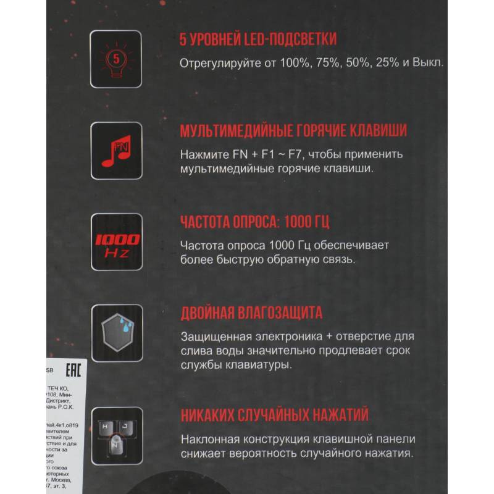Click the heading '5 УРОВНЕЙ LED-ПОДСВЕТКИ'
pyautogui.click(x=257, y=40)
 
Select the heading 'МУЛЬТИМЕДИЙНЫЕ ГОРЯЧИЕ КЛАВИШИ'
pyautogui.click(x=293, y=131)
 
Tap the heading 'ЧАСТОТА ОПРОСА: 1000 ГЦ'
pyautogui.click(x=259, y=222)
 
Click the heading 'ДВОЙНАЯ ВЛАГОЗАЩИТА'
pyautogui.click(x=251, y=314)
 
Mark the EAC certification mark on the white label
pyautogui.click(x=72, y=371)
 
